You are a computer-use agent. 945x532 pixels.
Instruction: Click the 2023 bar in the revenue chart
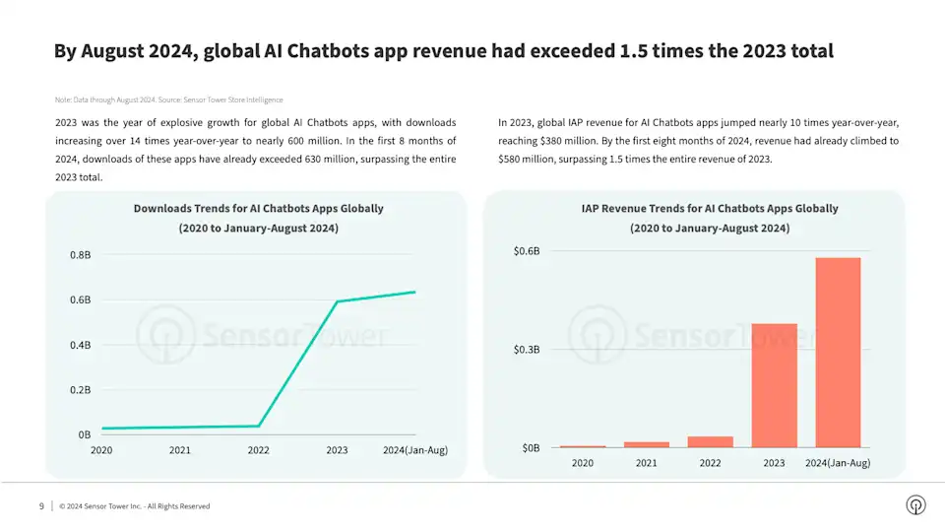(x=774, y=385)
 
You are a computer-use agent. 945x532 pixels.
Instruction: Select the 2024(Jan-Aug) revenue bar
(x=838, y=353)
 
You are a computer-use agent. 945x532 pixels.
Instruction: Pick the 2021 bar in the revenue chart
(x=646, y=444)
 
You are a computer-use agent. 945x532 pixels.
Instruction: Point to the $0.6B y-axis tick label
(x=527, y=251)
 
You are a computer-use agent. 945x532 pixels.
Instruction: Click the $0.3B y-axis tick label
(x=527, y=350)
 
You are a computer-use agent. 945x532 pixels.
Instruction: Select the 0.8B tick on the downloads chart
(x=80, y=255)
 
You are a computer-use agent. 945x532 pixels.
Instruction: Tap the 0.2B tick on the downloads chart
(x=80, y=390)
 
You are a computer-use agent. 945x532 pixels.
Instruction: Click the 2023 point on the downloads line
(x=338, y=301)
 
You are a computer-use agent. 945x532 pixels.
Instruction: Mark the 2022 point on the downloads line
(x=259, y=426)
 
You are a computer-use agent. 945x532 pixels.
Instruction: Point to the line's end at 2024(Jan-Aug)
(x=415, y=292)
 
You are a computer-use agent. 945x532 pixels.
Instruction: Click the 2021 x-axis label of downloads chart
(x=180, y=450)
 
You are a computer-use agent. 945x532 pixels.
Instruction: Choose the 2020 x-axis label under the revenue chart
(x=583, y=463)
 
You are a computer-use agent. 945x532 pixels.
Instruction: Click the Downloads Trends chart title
(x=258, y=209)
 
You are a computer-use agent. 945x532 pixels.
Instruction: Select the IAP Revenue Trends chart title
(x=709, y=209)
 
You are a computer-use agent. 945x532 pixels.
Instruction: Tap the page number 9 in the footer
(x=41, y=506)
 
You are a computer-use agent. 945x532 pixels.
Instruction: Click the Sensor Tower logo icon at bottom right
(x=915, y=505)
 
